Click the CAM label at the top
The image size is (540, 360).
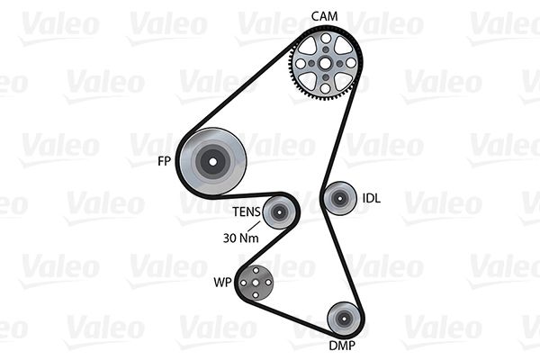pyautogui.click(x=324, y=16)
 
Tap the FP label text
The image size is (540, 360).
pyautogui.click(x=164, y=161)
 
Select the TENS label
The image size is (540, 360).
pyautogui.click(x=247, y=211)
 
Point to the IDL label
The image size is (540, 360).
pyautogui.click(x=372, y=198)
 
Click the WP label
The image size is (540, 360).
pyautogui.click(x=222, y=283)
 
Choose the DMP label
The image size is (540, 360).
pyautogui.click(x=342, y=345)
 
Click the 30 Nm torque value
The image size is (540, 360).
pyautogui.click(x=240, y=238)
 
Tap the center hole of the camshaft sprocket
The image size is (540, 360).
pyautogui.click(x=325, y=63)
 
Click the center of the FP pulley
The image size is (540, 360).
pyautogui.click(x=212, y=162)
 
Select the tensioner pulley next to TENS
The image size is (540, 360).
pyautogui.click(x=279, y=212)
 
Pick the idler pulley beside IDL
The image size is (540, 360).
pyautogui.click(x=340, y=198)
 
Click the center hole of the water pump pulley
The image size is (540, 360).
pyautogui.click(x=256, y=283)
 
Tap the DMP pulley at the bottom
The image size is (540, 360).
pyautogui.click(x=344, y=319)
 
